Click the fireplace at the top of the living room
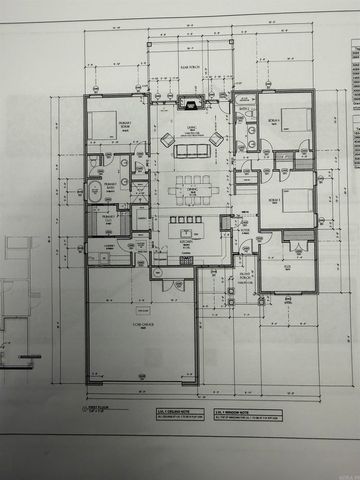[x=190, y=102]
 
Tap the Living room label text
[x=187, y=128]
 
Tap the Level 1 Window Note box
[x=237, y=412]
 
